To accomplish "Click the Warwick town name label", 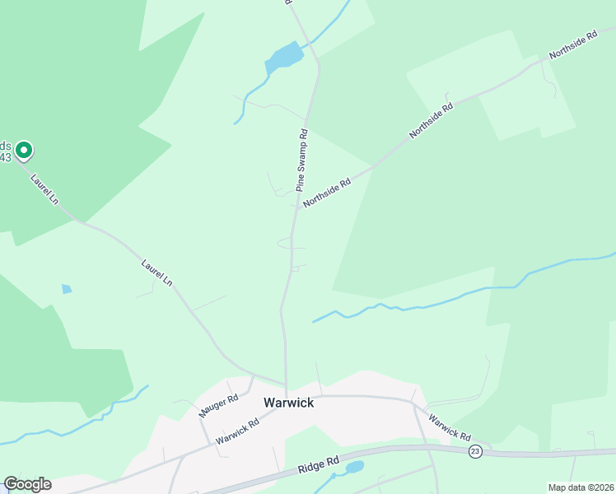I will [288, 403].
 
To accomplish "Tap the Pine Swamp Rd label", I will [301, 161].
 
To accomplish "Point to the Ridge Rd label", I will [320, 465].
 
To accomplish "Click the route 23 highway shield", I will [475, 451].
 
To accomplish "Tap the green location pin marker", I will [25, 150].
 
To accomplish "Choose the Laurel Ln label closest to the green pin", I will [44, 189].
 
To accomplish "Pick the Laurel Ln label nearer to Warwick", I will [156, 273].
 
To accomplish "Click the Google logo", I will [27, 484].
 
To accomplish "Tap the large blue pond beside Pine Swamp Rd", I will [284, 57].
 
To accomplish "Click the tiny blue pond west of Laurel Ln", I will [67, 289].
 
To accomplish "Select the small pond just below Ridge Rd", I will [354, 468].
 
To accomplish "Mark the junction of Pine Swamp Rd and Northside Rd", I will [297, 209].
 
